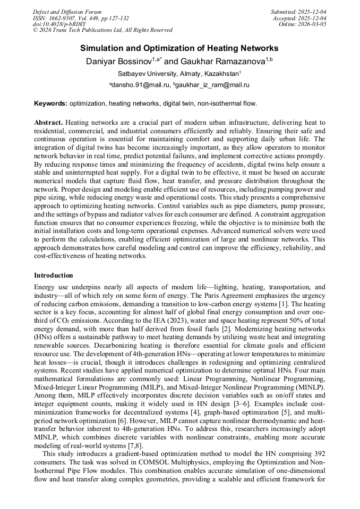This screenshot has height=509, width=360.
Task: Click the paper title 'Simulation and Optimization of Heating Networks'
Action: [x=179, y=48]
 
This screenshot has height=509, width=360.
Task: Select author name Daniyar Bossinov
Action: [x=119, y=62]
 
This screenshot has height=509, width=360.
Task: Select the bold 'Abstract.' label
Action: [x=49, y=123]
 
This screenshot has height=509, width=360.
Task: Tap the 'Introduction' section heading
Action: [x=54, y=275]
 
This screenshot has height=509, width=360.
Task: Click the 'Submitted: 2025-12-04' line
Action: [x=298, y=12]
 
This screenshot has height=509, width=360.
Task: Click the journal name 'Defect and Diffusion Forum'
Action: [x=67, y=12]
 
